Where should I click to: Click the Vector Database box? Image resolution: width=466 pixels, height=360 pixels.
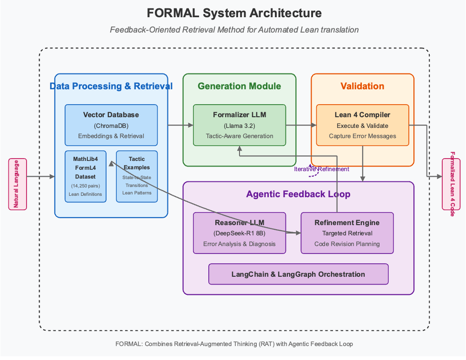click(111, 125)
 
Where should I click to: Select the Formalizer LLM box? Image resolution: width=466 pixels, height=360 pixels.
click(240, 125)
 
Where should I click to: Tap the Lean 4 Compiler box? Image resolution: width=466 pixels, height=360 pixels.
click(362, 125)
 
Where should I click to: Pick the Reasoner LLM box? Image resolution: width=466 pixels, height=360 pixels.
click(240, 233)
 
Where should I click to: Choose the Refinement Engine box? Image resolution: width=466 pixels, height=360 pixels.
click(347, 233)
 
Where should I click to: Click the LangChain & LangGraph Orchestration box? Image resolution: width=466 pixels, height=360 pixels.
click(298, 274)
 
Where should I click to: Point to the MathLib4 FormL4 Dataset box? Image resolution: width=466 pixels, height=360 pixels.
click(86, 176)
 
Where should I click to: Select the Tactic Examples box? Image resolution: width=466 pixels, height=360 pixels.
click(137, 176)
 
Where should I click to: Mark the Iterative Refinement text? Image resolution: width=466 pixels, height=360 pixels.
click(321, 169)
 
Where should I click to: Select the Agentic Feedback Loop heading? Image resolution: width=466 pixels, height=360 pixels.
click(298, 194)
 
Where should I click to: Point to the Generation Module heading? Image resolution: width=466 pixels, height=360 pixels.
click(240, 86)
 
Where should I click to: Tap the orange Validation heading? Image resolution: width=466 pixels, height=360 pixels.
click(362, 86)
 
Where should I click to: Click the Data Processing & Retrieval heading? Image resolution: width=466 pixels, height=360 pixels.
click(111, 86)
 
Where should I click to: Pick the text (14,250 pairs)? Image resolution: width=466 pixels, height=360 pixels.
click(86, 186)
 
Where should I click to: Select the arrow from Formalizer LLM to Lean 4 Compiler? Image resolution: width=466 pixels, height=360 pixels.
click(301, 125)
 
